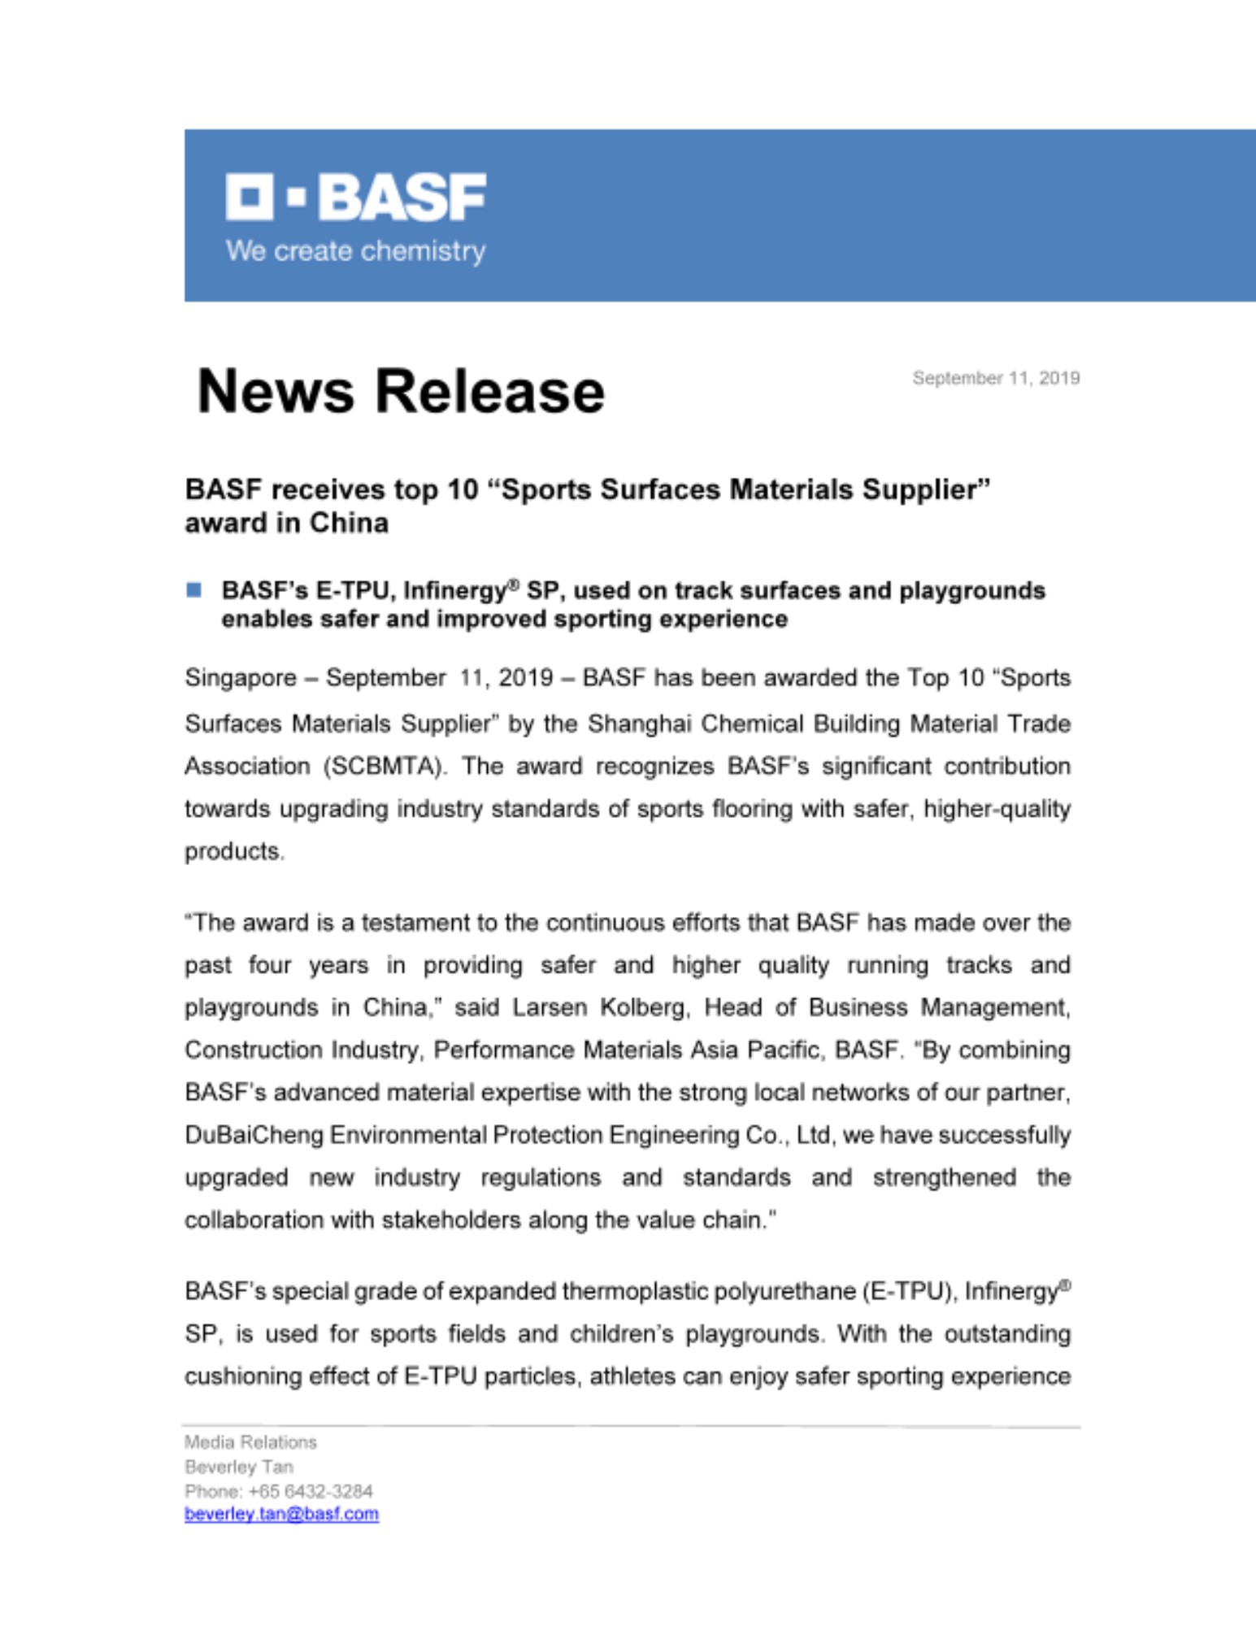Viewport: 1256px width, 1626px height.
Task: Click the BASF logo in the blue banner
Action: [x=355, y=197]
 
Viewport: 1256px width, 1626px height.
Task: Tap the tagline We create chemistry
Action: [x=355, y=251]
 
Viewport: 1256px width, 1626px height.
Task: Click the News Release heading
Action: [x=401, y=392]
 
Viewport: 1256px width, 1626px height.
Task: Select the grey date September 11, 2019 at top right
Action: [x=996, y=378]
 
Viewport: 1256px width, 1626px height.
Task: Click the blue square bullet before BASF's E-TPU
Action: [x=193, y=590]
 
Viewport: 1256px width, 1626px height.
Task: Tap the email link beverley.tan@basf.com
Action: [x=281, y=1514]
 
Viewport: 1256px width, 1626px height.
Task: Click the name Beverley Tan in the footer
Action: [x=238, y=1467]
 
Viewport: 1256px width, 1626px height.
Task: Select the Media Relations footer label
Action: [x=250, y=1442]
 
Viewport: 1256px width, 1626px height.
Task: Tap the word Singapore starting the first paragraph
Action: [x=241, y=678]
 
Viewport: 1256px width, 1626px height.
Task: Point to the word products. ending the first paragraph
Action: [x=234, y=852]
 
